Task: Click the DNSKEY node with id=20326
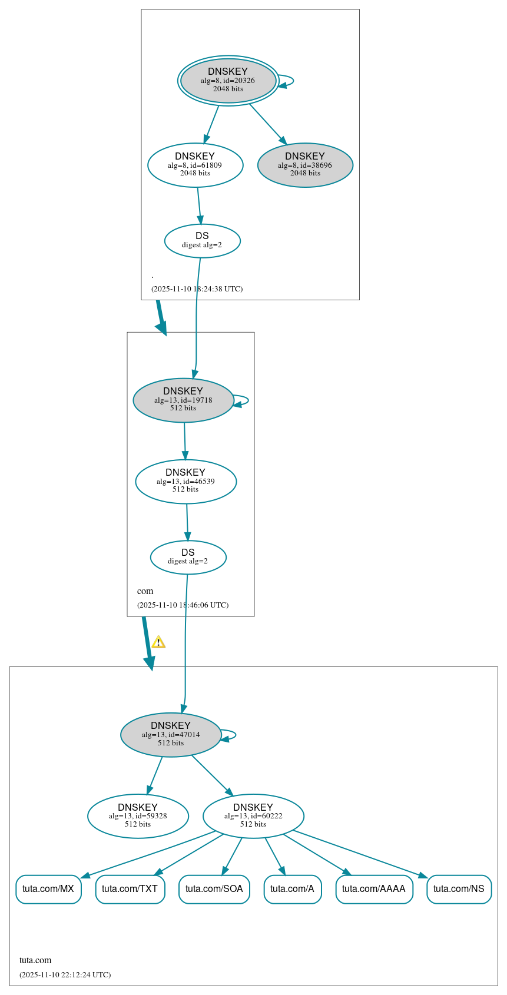[x=228, y=81]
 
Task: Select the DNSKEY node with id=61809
[x=195, y=165]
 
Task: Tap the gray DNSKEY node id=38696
[x=305, y=165]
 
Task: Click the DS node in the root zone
[x=202, y=241]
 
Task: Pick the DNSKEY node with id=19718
[x=183, y=400]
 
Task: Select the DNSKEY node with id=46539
[x=185, y=482]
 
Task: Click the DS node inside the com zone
[x=188, y=558]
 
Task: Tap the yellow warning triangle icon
[x=158, y=642]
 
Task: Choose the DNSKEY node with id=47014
[x=171, y=735]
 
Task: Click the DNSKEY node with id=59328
[x=138, y=816]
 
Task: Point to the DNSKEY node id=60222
[x=253, y=816]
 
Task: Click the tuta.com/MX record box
[x=48, y=889]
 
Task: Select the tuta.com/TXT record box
[x=130, y=889]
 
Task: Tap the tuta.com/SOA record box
[x=214, y=889]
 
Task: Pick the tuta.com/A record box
[x=292, y=889]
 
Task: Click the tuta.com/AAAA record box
[x=374, y=889]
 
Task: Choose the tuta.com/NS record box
[x=459, y=889]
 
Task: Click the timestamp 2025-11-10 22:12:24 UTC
[x=65, y=975]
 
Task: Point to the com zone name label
[x=145, y=591]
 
